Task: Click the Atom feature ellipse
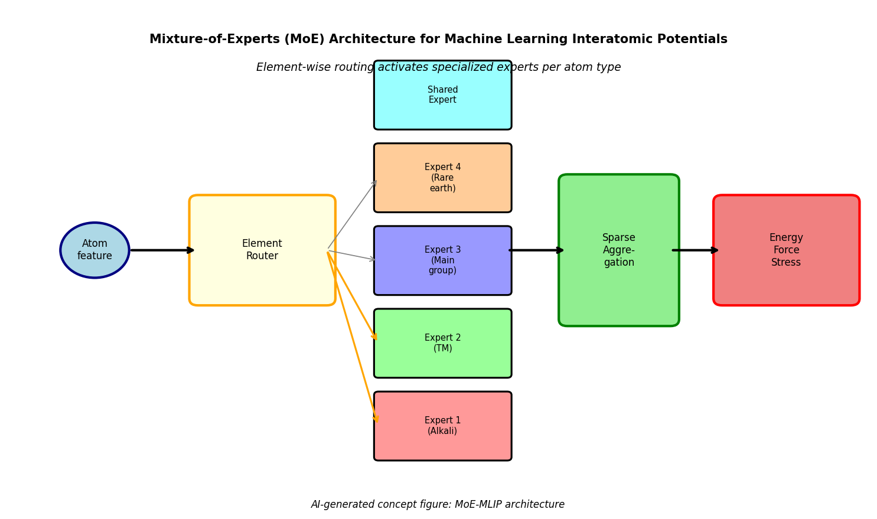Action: [94, 250]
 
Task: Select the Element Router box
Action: [262, 250]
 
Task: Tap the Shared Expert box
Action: [442, 95]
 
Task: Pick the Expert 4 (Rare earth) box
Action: [442, 178]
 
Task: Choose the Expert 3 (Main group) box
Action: [442, 260]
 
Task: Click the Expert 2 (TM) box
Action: [442, 343]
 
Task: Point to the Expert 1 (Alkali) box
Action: [442, 426]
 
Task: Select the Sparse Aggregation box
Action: [618, 250]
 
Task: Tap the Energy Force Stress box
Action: [786, 250]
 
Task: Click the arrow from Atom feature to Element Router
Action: [162, 250]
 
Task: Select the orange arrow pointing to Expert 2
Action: [352, 296]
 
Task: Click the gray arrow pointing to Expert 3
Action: [352, 255]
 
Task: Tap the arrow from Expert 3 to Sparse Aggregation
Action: [536, 250]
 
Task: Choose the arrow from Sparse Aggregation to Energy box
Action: [695, 250]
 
